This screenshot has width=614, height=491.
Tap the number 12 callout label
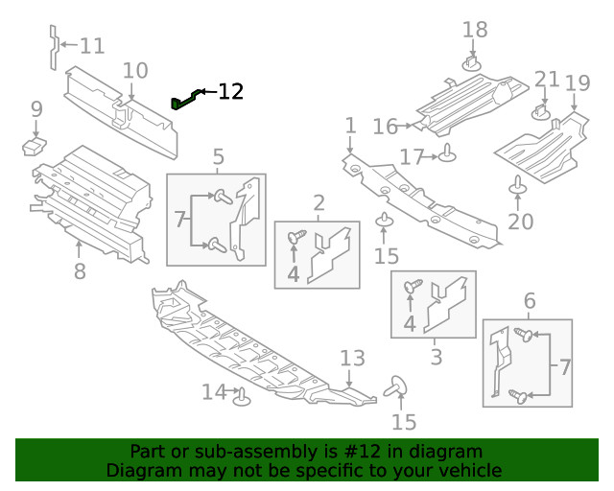pos(230,92)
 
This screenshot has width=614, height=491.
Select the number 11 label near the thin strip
pos(92,46)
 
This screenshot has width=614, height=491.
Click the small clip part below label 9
pos(35,147)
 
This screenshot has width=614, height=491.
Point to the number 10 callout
pos(135,70)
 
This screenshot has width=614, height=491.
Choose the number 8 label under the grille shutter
pos(80,271)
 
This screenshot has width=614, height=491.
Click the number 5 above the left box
pos(219,155)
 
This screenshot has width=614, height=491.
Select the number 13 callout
pos(352,359)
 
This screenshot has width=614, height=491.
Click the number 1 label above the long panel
pos(350,126)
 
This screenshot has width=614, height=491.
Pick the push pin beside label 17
pos(447,153)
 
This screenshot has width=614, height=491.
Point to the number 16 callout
pos(385,127)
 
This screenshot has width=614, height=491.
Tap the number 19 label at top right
pos(577,83)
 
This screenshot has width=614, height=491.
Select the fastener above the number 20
pos(518,184)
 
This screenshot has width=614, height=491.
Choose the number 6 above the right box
pos(529,302)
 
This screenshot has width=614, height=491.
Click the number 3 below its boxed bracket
pos(436,358)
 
